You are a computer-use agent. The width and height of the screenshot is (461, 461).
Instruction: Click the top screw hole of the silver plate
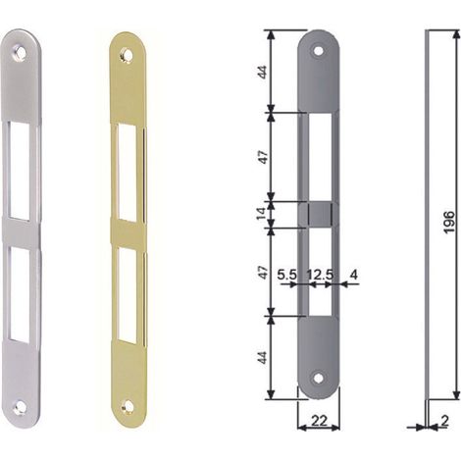20,54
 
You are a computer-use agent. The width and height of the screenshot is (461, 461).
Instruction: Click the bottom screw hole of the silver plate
19,407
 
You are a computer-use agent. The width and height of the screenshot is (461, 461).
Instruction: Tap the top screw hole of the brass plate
127,55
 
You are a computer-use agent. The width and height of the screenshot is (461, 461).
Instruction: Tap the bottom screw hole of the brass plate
127,407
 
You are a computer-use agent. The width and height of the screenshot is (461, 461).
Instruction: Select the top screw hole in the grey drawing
318,51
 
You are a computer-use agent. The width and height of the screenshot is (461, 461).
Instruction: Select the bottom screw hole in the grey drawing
318,379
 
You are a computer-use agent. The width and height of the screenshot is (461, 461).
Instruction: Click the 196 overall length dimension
450,222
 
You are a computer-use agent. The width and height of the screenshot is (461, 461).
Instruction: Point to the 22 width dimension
319,421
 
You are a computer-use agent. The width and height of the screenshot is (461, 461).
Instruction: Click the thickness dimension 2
444,421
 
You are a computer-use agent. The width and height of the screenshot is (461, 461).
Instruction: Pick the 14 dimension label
262,214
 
